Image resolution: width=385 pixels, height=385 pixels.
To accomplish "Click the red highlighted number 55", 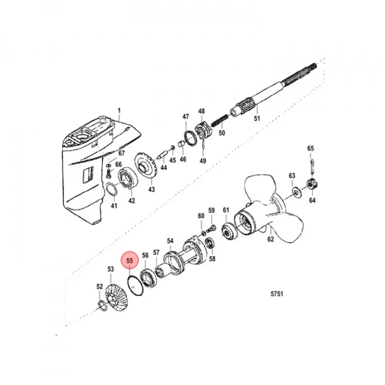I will (129, 261).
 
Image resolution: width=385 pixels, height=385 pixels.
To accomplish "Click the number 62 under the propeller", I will (270, 239).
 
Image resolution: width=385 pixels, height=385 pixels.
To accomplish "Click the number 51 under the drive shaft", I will (257, 118).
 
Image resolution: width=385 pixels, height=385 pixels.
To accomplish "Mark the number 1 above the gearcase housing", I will (119, 111).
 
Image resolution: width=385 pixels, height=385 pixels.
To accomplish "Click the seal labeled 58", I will (210, 243).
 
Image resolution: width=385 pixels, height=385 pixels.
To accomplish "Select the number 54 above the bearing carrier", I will (170, 241).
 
